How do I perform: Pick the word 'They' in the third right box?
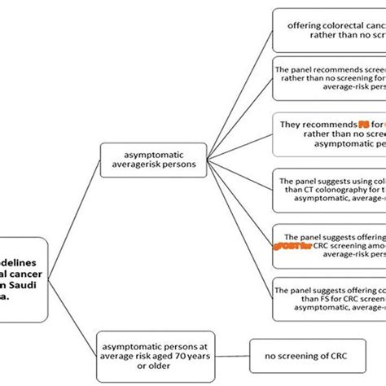pyautogui.click(x=292, y=124)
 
